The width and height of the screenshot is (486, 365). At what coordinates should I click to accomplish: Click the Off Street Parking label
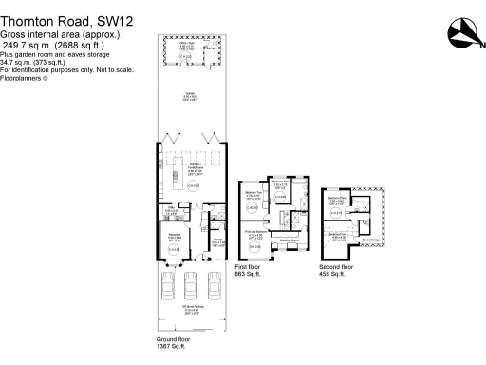tap(193, 309)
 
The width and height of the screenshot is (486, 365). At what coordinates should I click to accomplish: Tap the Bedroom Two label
tap(253, 196)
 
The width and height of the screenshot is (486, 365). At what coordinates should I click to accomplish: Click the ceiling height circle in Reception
tap(175, 249)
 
